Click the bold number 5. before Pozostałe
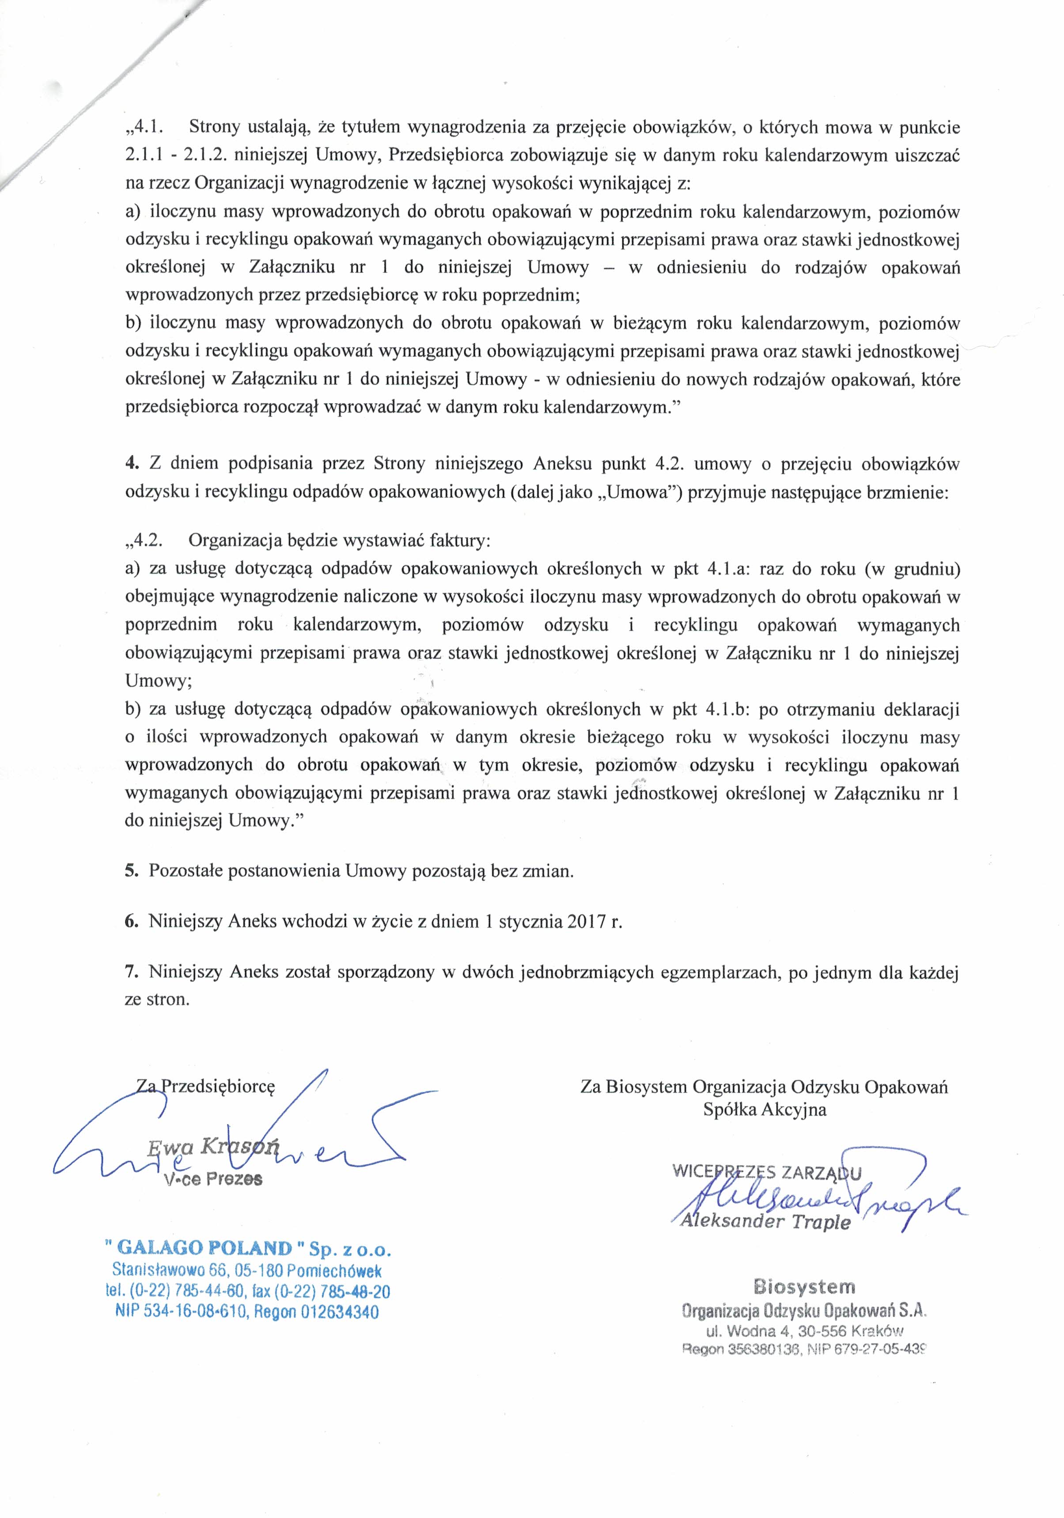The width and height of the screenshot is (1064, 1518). [131, 870]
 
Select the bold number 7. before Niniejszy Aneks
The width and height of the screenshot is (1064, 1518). [131, 972]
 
